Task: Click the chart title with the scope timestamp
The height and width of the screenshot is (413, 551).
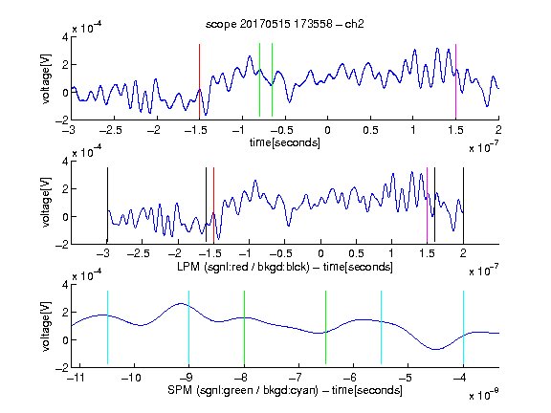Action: click(285, 24)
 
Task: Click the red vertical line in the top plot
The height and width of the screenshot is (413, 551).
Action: click(199, 81)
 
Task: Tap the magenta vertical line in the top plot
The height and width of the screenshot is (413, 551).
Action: click(455, 81)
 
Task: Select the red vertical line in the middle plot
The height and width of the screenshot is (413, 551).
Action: click(213, 206)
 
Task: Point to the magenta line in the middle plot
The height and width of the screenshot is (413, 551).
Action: click(427, 206)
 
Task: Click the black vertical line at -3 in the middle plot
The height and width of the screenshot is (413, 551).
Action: click(107, 206)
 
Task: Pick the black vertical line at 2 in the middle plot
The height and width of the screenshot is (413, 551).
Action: click(463, 206)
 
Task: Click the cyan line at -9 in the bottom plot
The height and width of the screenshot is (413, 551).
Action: click(189, 328)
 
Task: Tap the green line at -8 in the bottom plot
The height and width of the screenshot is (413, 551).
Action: click(244, 328)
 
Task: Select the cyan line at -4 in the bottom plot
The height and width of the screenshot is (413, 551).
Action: click(463, 328)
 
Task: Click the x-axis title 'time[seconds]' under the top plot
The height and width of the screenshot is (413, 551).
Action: click(285, 143)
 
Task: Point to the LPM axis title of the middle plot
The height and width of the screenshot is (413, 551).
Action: click(285, 267)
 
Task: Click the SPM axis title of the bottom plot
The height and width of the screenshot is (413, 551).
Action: click(285, 390)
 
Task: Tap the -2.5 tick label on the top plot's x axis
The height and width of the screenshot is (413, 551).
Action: click(110, 130)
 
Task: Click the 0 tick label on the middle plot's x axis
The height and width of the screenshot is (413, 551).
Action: click(320, 253)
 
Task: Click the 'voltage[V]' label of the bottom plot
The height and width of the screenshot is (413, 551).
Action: click(46, 327)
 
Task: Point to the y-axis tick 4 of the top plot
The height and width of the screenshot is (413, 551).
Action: click(65, 37)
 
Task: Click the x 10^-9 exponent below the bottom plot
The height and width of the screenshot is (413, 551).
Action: click(483, 394)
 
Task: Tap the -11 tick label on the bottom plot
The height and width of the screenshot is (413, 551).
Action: click(76, 378)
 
